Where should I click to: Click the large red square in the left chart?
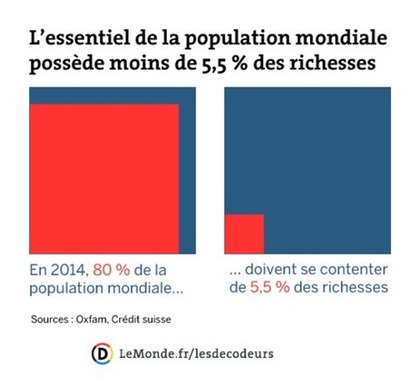coord(103,178)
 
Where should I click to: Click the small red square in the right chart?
coord(243,233)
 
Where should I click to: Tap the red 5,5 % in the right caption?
coord(270,288)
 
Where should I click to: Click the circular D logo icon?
coord(103,352)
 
